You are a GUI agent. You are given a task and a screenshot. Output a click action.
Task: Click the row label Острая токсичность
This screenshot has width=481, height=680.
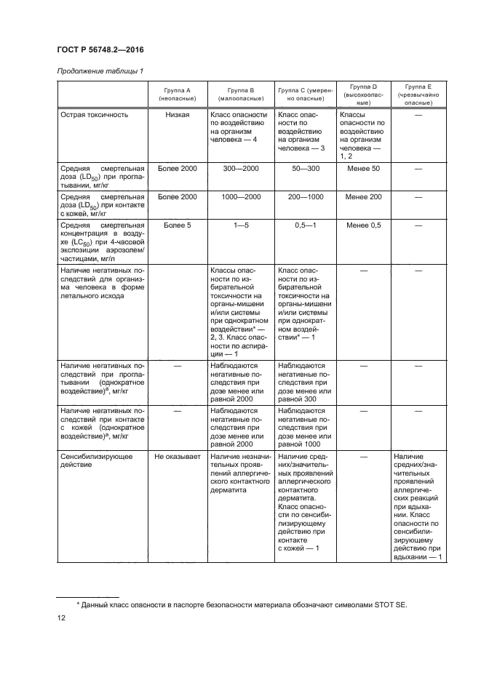tap(95, 115)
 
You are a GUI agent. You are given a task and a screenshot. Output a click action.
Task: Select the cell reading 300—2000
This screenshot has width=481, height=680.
tap(240, 168)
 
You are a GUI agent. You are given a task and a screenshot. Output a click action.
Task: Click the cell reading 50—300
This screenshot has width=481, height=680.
tap(305, 168)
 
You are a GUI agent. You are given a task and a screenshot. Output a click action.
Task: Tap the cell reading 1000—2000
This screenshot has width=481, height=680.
tap(240, 197)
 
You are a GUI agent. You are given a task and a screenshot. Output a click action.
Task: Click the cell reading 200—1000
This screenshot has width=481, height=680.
tap(305, 197)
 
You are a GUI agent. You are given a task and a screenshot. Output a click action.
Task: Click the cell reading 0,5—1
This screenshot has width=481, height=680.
tap(305, 226)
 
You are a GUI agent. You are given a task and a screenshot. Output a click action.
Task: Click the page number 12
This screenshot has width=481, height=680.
tap(62, 618)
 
